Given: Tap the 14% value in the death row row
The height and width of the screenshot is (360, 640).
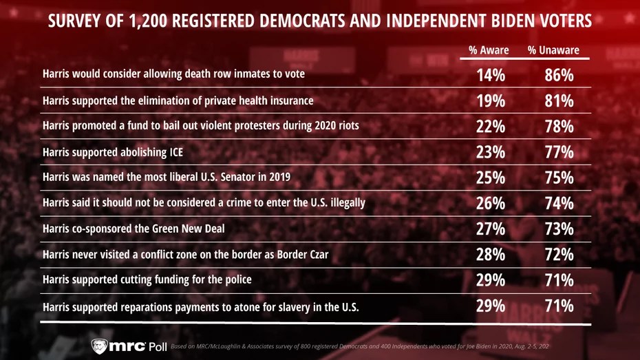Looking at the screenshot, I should click(491, 76).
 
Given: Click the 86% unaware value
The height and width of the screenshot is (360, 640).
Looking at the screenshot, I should click(559, 76).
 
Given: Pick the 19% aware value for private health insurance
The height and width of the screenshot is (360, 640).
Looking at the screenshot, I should click(491, 101).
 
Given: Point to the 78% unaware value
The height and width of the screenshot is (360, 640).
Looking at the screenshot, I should click(559, 127).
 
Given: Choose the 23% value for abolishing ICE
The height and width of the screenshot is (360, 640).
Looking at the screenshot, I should click(491, 152).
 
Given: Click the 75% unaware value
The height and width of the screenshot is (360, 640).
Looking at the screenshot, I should click(559, 178).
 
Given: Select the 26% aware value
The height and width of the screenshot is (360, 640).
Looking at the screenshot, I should click(491, 203).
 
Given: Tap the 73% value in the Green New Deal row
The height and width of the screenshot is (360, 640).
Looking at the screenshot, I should click(559, 229).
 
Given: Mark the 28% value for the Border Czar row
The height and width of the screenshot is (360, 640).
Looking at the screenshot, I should click(491, 255).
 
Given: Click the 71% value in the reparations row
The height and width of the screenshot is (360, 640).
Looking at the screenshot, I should click(559, 306).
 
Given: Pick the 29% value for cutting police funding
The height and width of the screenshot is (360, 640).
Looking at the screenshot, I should click(491, 280).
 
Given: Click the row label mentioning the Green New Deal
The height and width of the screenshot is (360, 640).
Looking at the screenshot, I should click(135, 229).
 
